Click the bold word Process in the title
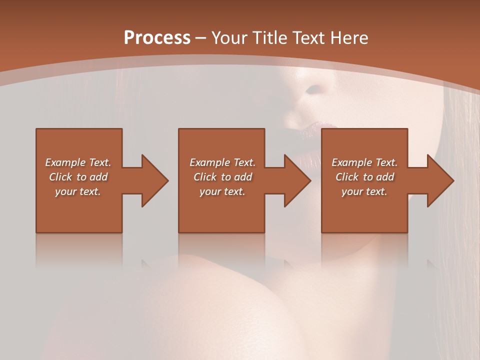point(157,38)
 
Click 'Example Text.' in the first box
point(78,162)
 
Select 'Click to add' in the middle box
point(222,177)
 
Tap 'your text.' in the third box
point(364,191)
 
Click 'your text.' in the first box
point(78,191)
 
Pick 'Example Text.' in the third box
point(364,162)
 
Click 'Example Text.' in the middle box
point(222,162)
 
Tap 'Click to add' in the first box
point(78,177)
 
